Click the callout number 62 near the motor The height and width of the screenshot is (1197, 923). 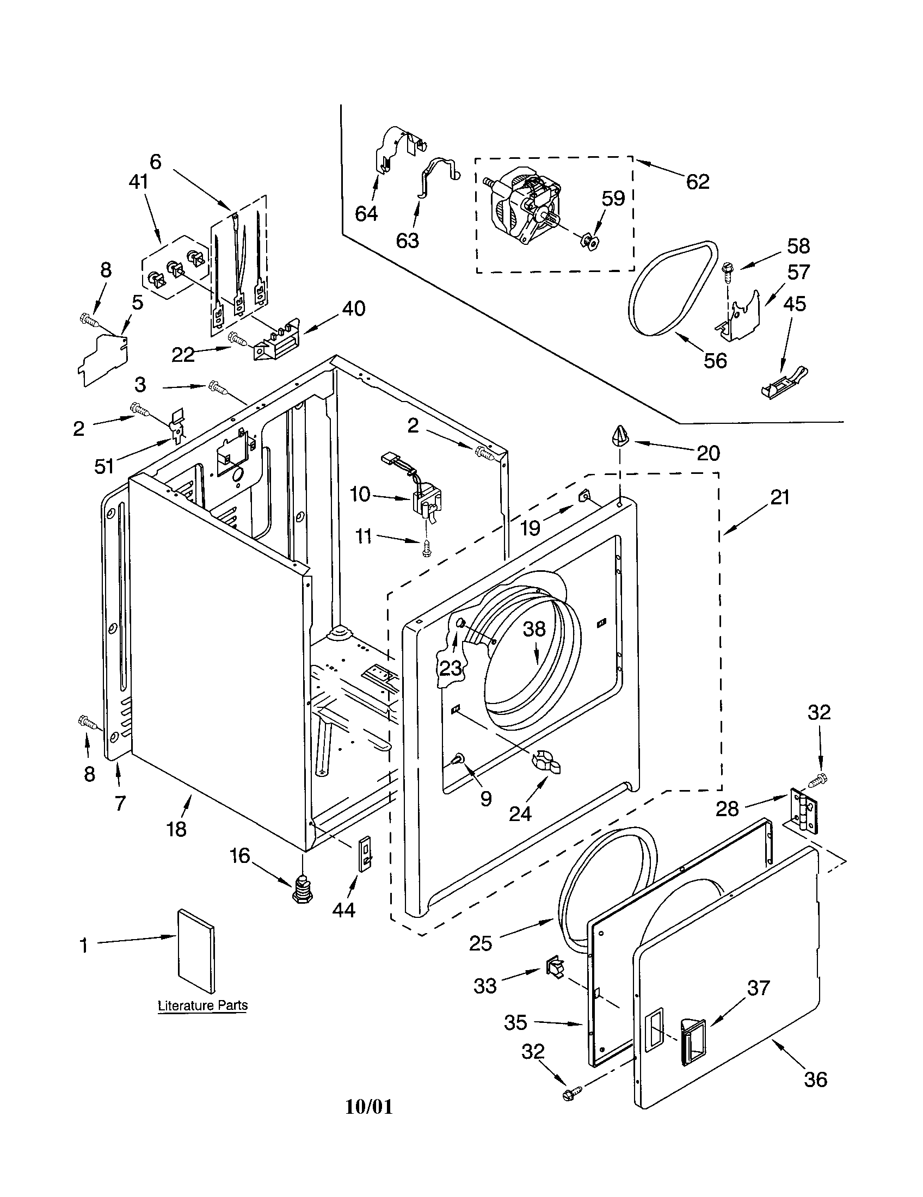coord(698,181)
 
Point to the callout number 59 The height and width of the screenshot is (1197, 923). coord(613,199)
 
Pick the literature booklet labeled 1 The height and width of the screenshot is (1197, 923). coord(196,950)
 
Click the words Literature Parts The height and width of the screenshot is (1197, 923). coord(202,1005)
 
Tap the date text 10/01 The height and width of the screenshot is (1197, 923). coord(369,1107)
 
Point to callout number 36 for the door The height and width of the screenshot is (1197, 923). coord(815,1079)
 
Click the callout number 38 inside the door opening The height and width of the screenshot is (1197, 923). coord(534,628)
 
